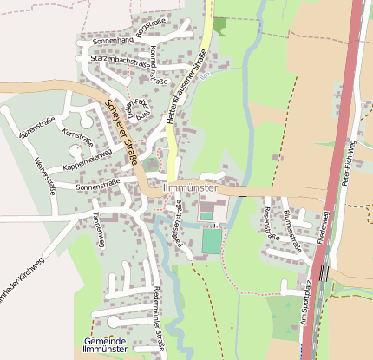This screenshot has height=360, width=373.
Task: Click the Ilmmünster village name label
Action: (x=190, y=186)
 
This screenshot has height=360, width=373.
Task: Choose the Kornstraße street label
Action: (x=78, y=136)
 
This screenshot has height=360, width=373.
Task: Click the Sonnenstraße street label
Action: (x=98, y=185)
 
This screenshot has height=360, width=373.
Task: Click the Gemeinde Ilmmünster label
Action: (x=106, y=346)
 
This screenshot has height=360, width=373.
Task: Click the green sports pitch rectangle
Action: (x=212, y=240)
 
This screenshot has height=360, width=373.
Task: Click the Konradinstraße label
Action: (x=158, y=65)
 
